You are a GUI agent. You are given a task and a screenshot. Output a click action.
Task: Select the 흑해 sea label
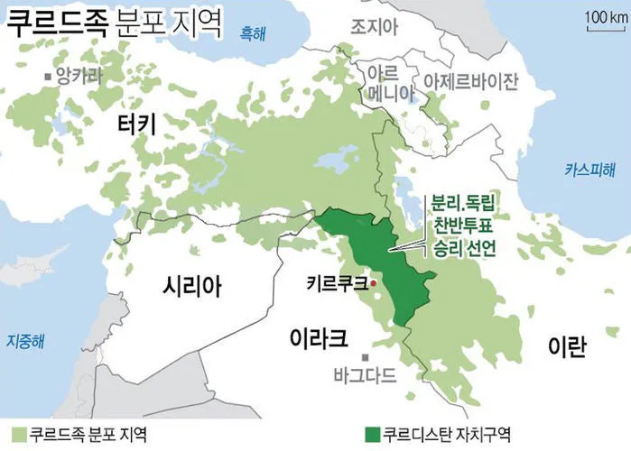coord(254,34)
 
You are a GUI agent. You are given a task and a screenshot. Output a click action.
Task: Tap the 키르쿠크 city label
coord(337,283)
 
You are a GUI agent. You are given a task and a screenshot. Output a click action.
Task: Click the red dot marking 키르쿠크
coord(373,284)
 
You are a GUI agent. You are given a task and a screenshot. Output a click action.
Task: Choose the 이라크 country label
coord(319,338)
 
